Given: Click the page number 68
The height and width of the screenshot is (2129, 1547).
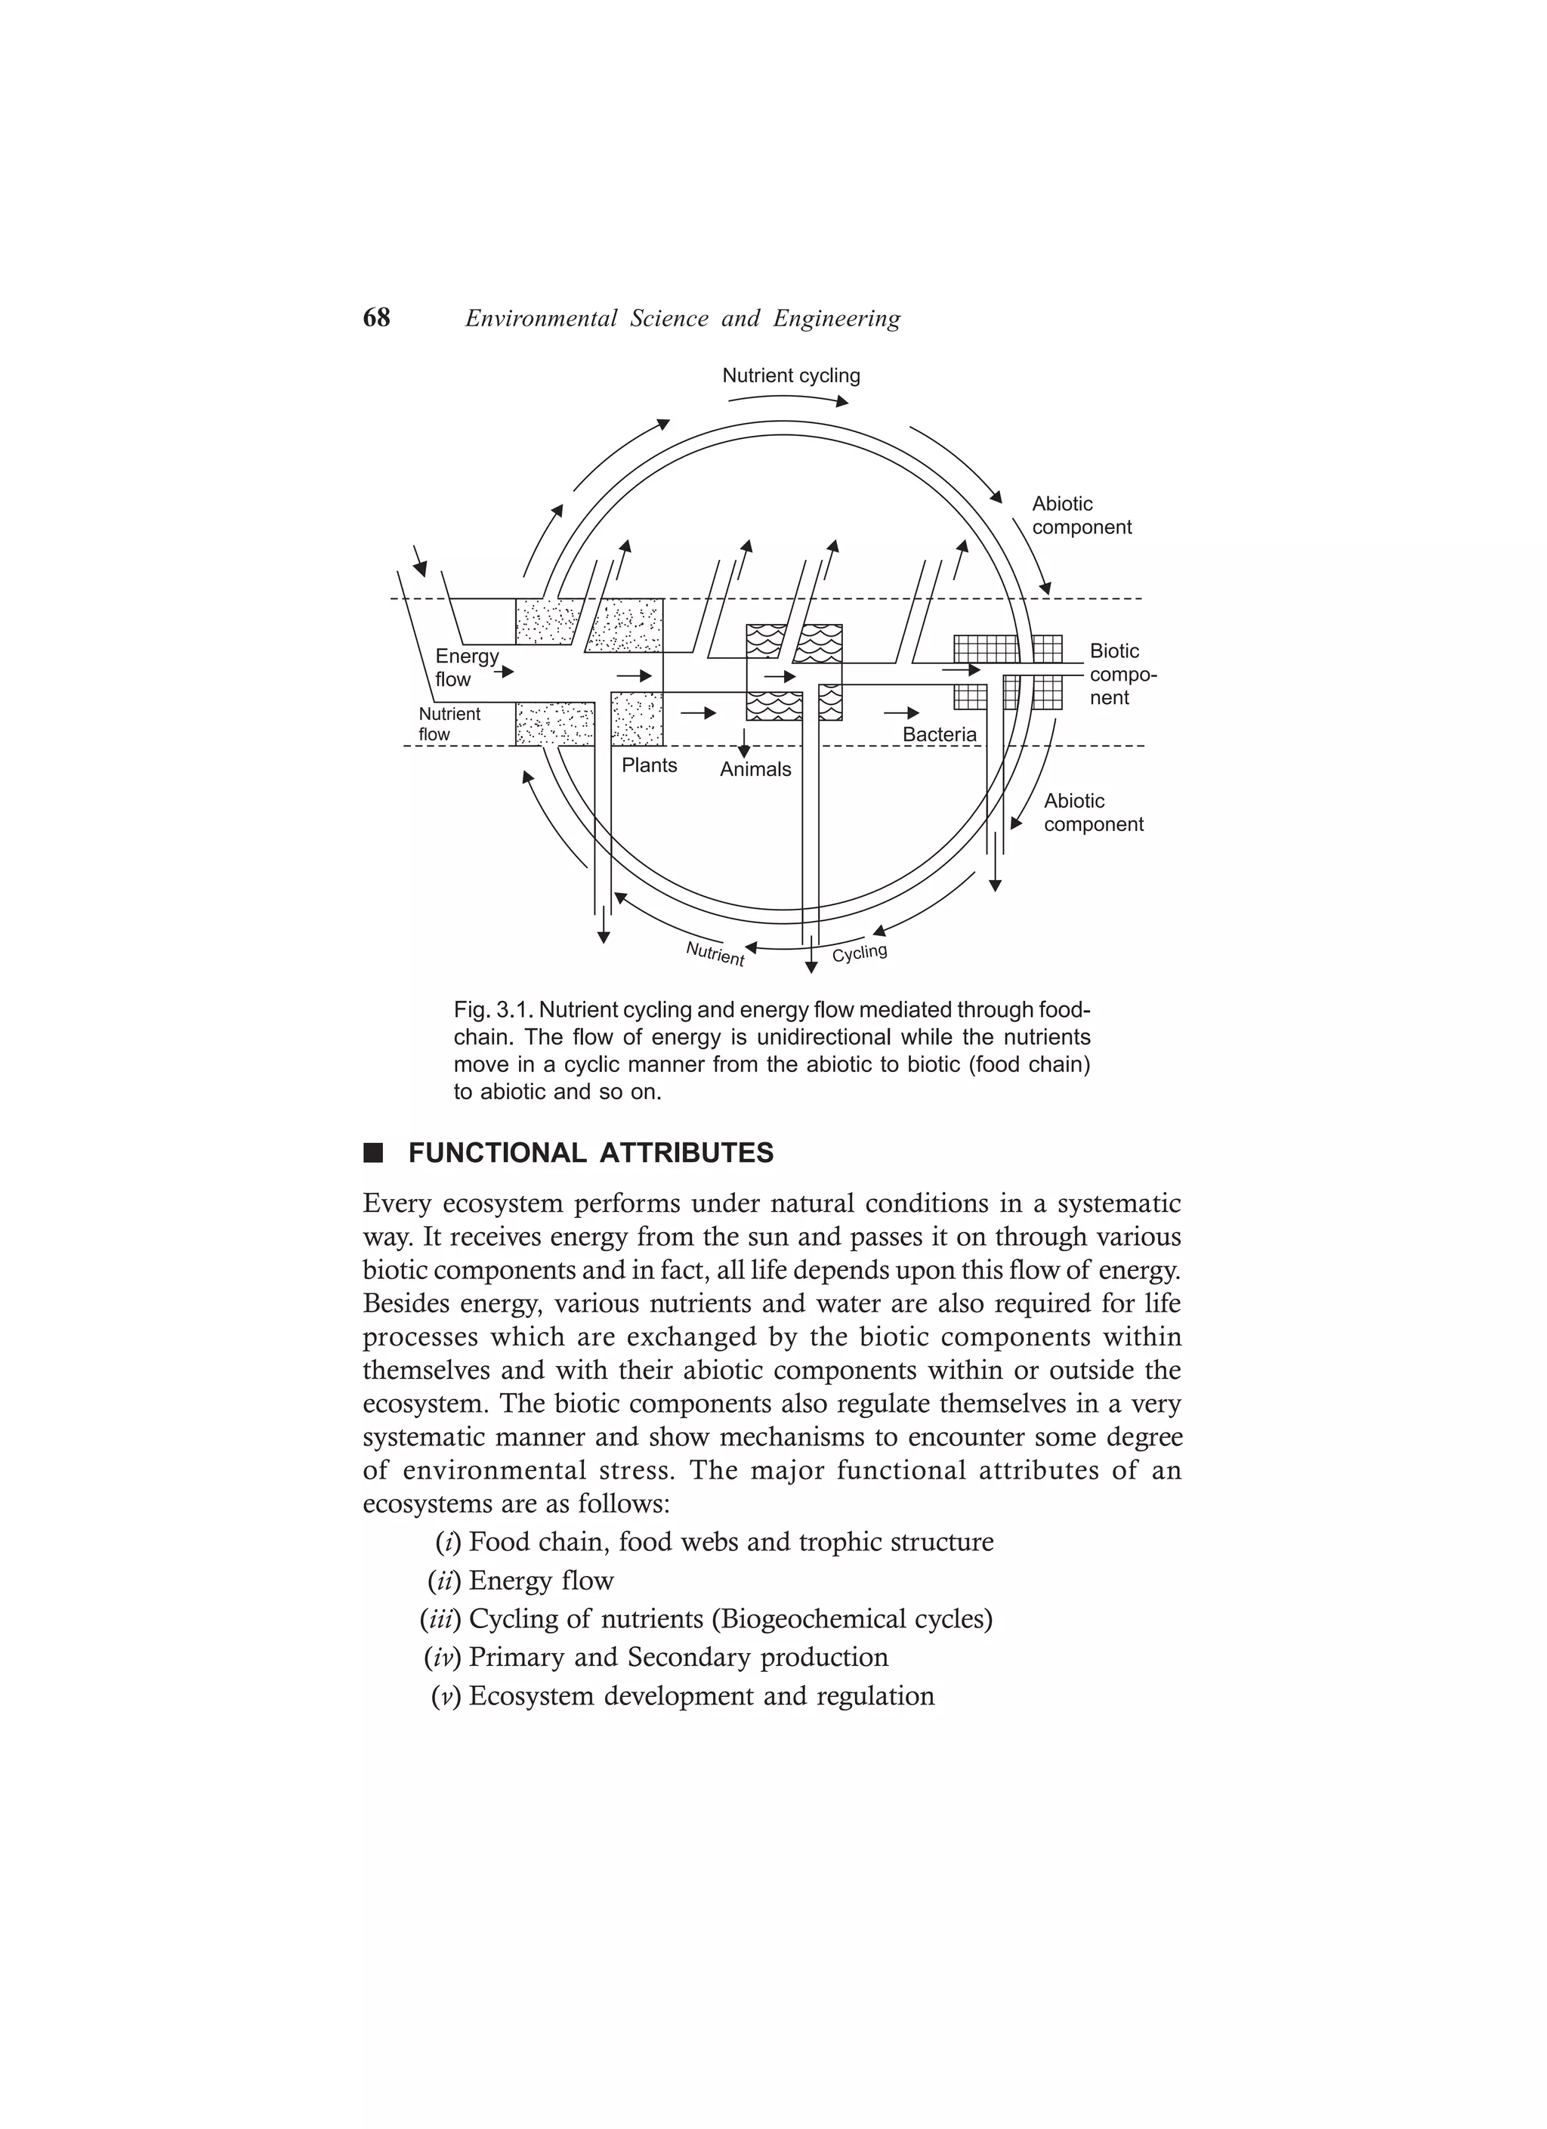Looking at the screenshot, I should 375,318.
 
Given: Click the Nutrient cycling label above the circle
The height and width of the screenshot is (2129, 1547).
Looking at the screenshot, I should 790,375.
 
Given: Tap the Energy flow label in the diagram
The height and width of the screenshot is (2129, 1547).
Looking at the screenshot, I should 465,667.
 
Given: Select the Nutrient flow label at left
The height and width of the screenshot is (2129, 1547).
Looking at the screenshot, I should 449,724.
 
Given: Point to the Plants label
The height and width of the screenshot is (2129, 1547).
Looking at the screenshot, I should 649,765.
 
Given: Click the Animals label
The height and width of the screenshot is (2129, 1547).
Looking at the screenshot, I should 755,770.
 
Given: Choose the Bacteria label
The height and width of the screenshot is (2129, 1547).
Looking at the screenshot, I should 939,735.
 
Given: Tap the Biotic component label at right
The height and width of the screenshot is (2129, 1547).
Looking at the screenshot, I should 1121,674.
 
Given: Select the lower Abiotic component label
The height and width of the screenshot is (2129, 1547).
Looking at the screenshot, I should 1093,812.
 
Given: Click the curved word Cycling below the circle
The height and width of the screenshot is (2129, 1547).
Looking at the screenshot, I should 859,953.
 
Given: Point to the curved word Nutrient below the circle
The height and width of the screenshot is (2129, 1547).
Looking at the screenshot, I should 715,953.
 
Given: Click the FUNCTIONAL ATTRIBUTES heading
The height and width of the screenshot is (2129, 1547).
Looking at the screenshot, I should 591,1153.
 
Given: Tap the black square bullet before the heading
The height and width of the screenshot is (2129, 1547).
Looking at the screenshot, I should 374,1153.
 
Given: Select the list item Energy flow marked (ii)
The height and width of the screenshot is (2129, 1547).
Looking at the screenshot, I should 541,1581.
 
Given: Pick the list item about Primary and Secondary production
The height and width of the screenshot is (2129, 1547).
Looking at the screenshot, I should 678,1657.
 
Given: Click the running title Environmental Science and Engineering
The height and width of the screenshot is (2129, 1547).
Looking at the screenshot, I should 682,319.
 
